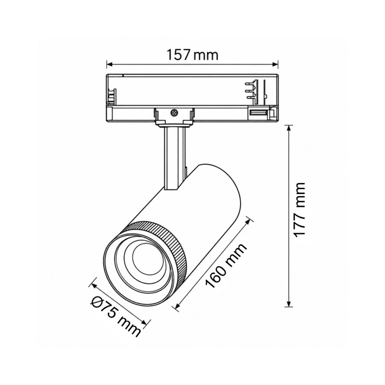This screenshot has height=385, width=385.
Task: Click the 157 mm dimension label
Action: (192, 55)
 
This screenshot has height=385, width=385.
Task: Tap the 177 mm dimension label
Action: (299, 210)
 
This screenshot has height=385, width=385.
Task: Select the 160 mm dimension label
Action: (226, 266)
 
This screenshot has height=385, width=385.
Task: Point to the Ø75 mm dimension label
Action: (116, 317)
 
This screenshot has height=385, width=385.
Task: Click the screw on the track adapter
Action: (174, 113)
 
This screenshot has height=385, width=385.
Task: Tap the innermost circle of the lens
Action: (146, 259)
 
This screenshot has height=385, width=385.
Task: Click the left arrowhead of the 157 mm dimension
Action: (110, 64)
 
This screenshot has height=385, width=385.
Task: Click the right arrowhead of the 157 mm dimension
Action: (275, 64)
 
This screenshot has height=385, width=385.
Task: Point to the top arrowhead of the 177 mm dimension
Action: (289, 128)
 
